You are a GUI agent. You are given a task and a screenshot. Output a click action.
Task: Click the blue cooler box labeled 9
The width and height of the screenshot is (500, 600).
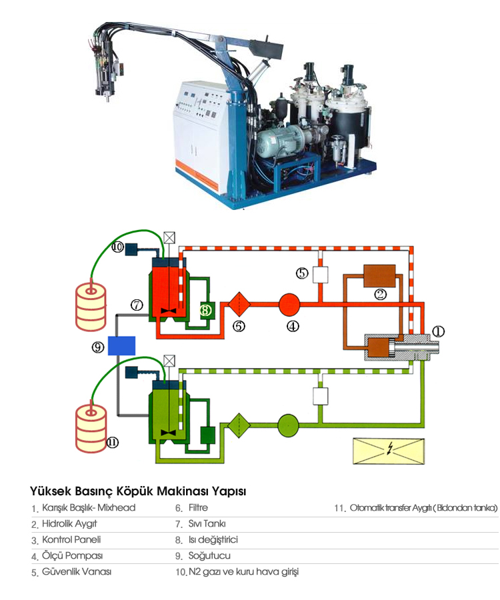click(121, 345)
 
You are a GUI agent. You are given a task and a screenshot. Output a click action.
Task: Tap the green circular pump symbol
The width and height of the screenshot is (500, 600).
click(289, 424)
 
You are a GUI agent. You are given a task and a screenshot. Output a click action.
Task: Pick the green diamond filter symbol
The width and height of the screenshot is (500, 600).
click(238, 424)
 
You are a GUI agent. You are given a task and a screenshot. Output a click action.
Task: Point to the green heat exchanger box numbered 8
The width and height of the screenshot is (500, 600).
click(207, 309)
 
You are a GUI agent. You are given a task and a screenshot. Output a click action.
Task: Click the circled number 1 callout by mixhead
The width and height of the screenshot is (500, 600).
click(438, 331)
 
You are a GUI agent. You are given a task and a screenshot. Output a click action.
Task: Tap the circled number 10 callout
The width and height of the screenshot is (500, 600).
click(117, 248)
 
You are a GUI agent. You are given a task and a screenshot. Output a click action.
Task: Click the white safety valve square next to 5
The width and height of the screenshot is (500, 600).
click(321, 274)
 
